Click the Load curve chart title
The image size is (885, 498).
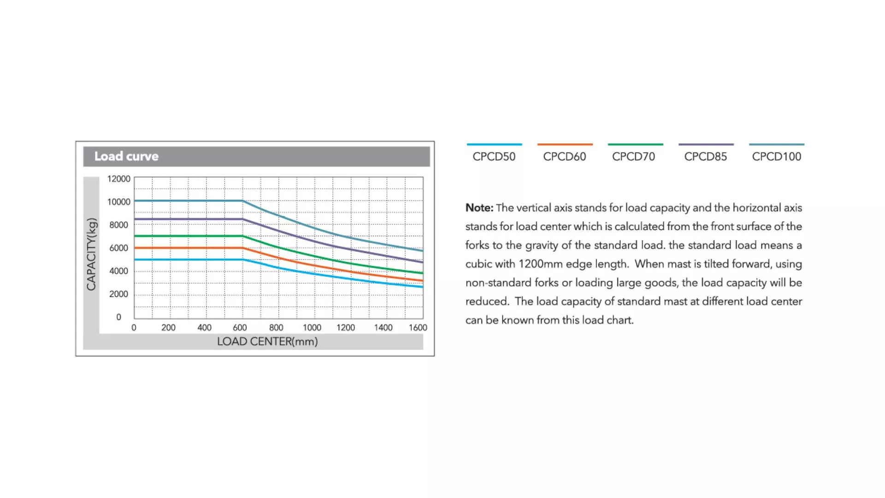pyautogui.click(x=126, y=156)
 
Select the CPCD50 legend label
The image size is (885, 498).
pyautogui.click(x=494, y=157)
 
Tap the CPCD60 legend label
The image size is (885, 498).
pyautogui.click(x=565, y=157)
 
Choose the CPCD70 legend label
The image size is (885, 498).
pyautogui.click(x=634, y=157)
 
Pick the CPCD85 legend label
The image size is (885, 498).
pyautogui.click(x=706, y=157)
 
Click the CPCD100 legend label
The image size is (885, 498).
pyautogui.click(x=777, y=157)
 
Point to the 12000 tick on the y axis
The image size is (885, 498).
pyautogui.click(x=119, y=179)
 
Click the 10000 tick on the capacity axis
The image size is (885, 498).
pyautogui.click(x=119, y=202)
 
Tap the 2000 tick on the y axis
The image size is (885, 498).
pyautogui.click(x=118, y=294)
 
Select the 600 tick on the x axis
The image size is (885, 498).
pyautogui.click(x=240, y=328)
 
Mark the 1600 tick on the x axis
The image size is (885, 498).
pyautogui.click(x=418, y=328)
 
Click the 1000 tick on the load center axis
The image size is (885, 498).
pyautogui.click(x=312, y=328)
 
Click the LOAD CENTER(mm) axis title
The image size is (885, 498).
pyautogui.click(x=267, y=342)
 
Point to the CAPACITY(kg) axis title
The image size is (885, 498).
pyautogui.click(x=92, y=254)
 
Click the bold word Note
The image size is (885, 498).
pyautogui.click(x=479, y=208)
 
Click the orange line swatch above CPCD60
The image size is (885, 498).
pyautogui.click(x=565, y=144)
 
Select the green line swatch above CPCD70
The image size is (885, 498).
pyautogui.click(x=635, y=144)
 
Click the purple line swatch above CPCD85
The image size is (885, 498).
pyautogui.click(x=706, y=144)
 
